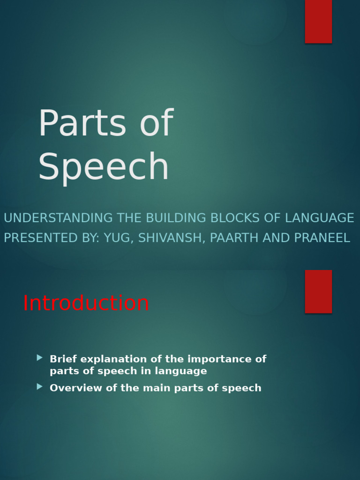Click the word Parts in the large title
click(82, 124)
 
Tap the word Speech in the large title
click(103, 166)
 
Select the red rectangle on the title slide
click(318, 21)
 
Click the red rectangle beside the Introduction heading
click(318, 291)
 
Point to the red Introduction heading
click(86, 303)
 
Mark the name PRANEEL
click(322, 238)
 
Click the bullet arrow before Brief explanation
click(40, 358)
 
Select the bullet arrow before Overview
click(40, 387)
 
